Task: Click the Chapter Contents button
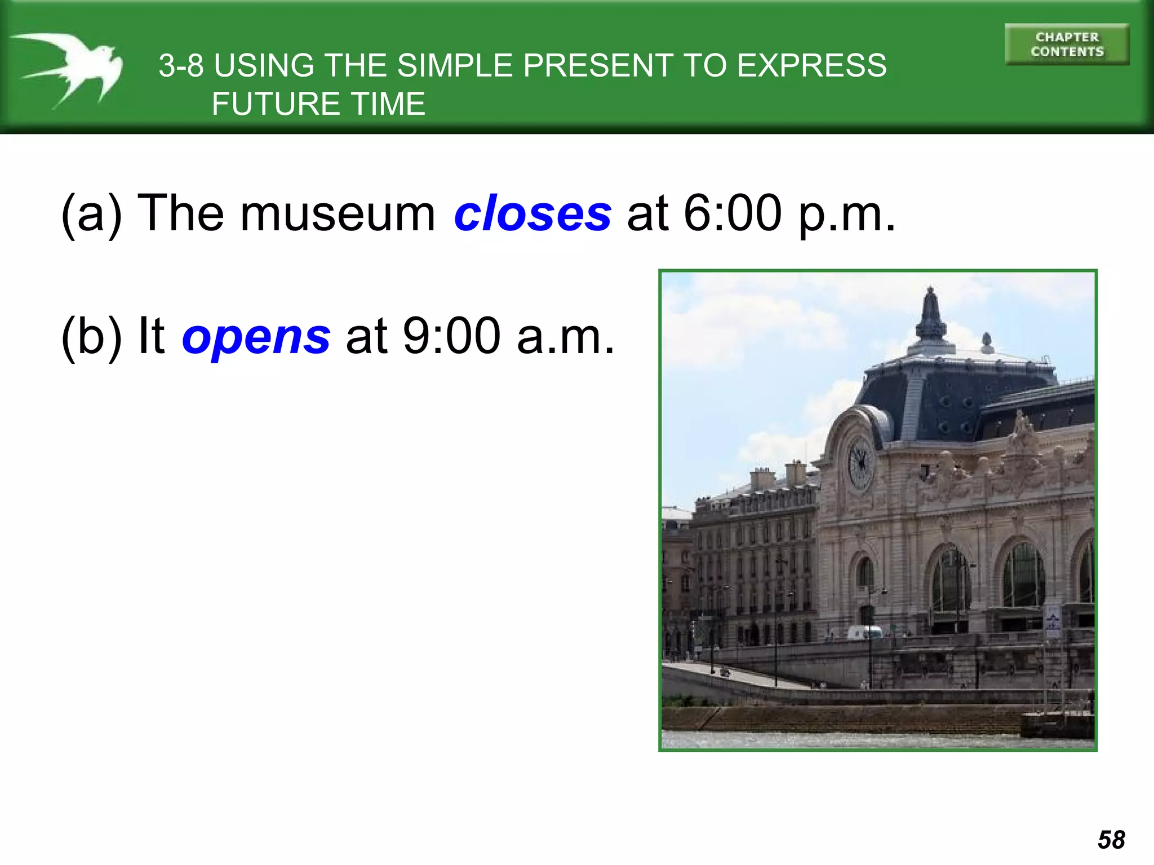pos(1067,44)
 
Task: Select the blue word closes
pos(532,213)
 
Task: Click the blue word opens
pos(256,336)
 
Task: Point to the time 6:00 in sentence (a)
pos(733,213)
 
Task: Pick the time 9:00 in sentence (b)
pos(451,336)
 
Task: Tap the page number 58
pos(1111,840)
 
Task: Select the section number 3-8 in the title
pos(181,65)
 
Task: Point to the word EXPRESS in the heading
pos(812,65)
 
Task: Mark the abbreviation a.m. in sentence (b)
pos(565,337)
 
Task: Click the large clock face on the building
pos(860,462)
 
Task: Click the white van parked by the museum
pos(864,632)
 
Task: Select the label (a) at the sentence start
pos(91,213)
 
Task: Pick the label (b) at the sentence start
pos(91,336)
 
